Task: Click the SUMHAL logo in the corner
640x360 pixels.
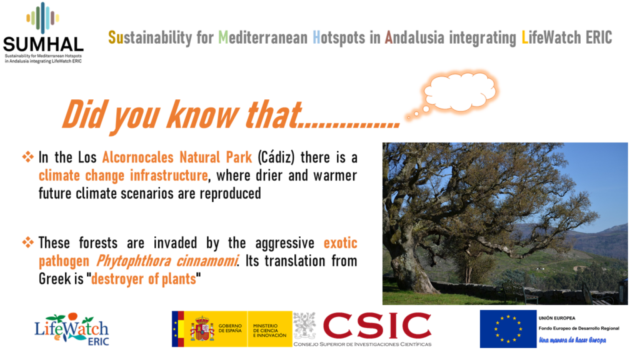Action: coord(43,32)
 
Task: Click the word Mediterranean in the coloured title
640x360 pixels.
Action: coord(263,37)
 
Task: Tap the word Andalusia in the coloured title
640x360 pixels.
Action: coord(414,37)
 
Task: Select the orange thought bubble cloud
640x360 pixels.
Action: coord(460,92)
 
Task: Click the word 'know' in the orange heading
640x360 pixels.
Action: coord(203,115)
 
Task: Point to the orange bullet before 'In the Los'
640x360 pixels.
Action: coord(27,157)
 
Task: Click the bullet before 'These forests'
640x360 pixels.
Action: coord(27,242)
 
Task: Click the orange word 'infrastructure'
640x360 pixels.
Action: coord(169,176)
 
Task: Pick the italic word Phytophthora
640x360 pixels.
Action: coord(134,261)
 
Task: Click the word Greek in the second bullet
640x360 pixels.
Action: coord(55,279)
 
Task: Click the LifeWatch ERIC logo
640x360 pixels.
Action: coord(72,329)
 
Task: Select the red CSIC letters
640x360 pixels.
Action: coord(377,326)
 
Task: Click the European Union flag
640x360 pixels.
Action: coord(508,329)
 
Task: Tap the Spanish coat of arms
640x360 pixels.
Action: coord(202,329)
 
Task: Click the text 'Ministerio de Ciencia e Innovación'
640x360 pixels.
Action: coord(270,331)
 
